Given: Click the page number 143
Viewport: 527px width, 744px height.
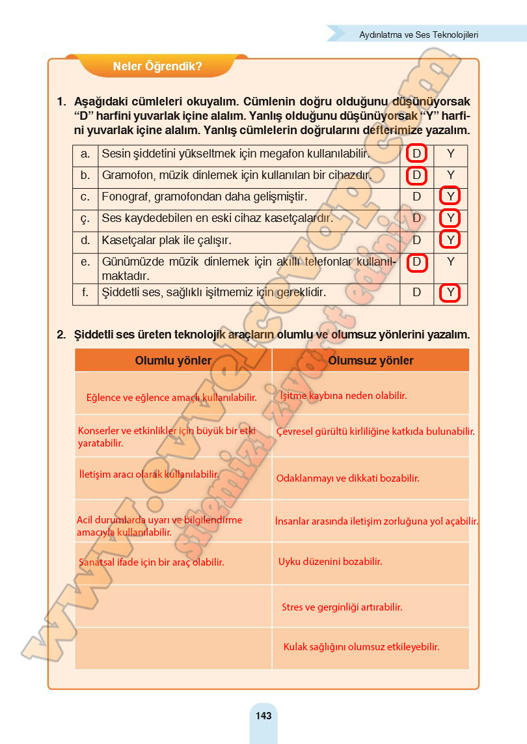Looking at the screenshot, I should (x=263, y=716).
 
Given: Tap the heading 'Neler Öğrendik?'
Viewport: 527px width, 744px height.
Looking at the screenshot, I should (x=157, y=66).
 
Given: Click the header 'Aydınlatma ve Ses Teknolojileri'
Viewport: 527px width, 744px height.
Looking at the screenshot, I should (x=419, y=34).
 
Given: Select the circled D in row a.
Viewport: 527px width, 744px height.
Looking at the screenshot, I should (x=417, y=154).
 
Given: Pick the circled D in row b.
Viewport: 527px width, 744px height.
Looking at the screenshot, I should (x=417, y=176).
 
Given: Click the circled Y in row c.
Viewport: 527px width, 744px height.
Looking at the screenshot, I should (x=450, y=197).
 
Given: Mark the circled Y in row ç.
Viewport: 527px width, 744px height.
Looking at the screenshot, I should (x=450, y=219).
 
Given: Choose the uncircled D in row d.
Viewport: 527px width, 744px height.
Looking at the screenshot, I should (x=417, y=240).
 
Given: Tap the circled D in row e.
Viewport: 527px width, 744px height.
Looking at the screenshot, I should (x=417, y=262).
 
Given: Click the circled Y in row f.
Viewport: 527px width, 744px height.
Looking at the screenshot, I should (x=450, y=293).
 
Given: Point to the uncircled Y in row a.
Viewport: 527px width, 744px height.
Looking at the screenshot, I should (x=450, y=154).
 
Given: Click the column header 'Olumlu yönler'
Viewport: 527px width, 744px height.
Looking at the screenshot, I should (x=173, y=361).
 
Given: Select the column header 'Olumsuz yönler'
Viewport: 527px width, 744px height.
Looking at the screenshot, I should (x=371, y=361).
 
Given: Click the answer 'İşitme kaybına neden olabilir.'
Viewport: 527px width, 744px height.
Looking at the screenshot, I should (x=343, y=395).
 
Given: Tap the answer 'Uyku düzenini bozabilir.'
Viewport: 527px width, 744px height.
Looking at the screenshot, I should (x=330, y=561).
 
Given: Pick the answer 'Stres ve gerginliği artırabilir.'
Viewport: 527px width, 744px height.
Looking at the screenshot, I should (x=342, y=607).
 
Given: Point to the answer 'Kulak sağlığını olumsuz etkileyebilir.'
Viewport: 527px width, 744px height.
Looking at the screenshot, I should (x=361, y=647).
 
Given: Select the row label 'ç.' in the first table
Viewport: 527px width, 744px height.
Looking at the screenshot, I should (x=85, y=219).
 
